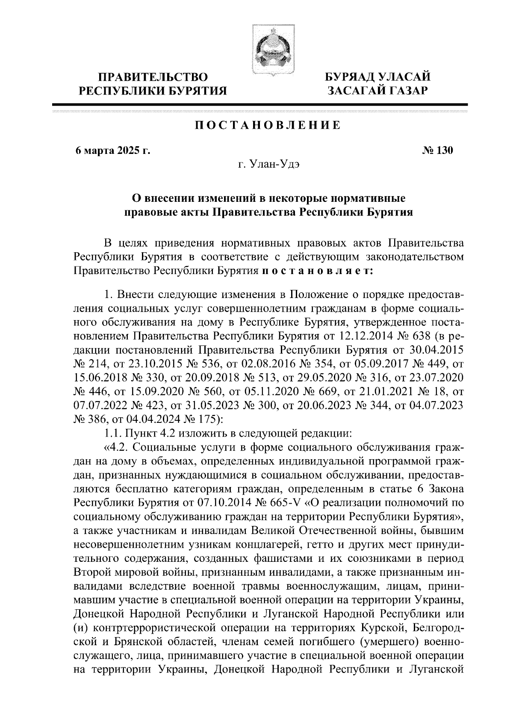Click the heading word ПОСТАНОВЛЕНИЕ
268,126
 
